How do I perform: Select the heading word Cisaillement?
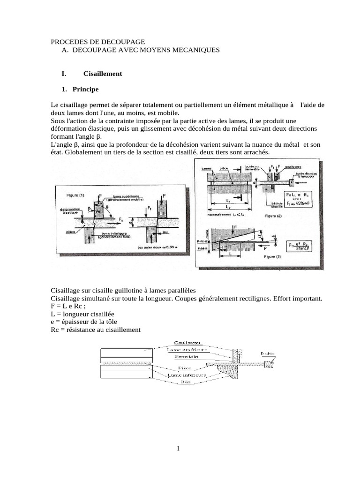(x=103, y=74)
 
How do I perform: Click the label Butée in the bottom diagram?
(x=268, y=353)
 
